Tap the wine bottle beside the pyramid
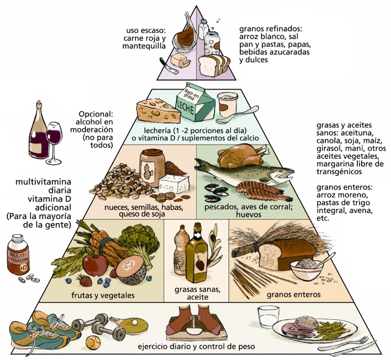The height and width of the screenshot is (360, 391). pos(40,135)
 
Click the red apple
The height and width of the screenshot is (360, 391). pos(95,265)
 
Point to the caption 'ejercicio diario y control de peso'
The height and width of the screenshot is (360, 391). pos(196,347)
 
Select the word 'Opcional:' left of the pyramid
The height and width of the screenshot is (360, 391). pos(97,114)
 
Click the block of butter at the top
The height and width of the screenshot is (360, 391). pos(179,60)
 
